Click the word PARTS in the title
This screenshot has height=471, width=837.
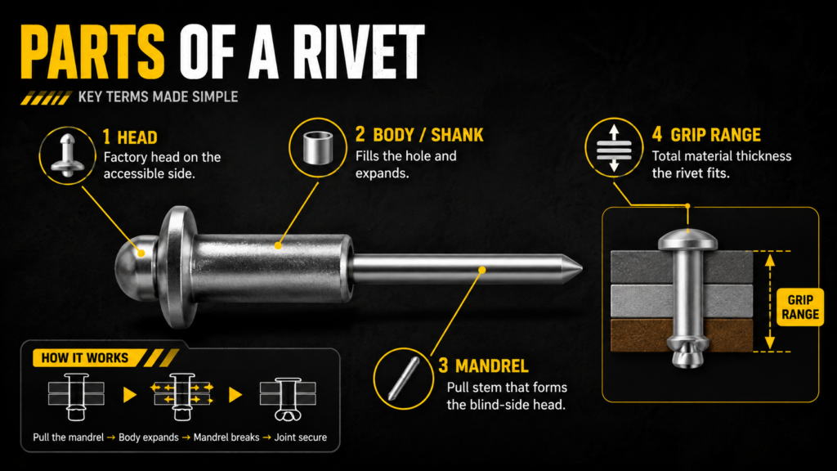pos(92,52)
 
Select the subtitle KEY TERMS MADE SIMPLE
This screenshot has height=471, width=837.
pos(158,96)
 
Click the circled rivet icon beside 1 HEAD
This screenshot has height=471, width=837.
pos(67,155)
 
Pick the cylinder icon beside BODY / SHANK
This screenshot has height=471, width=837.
pos(318,147)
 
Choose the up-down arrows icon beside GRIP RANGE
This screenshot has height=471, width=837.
pos(614,148)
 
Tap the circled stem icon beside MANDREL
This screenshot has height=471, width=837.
pos(404,379)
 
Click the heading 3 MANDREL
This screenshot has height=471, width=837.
pos(484,366)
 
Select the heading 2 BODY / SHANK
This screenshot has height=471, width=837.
pos(419,135)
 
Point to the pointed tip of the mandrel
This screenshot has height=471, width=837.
pos(581,268)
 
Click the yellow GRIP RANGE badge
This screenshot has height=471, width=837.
pos(800,307)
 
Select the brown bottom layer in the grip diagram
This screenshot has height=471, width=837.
pos(682,335)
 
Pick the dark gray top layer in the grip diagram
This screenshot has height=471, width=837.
pos(682,267)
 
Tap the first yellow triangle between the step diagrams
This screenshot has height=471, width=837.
pos(130,395)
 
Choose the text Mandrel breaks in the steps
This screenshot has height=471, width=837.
pos(226,437)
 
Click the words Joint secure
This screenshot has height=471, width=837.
pos(301,437)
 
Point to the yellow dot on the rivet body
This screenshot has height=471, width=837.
pos(278,245)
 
